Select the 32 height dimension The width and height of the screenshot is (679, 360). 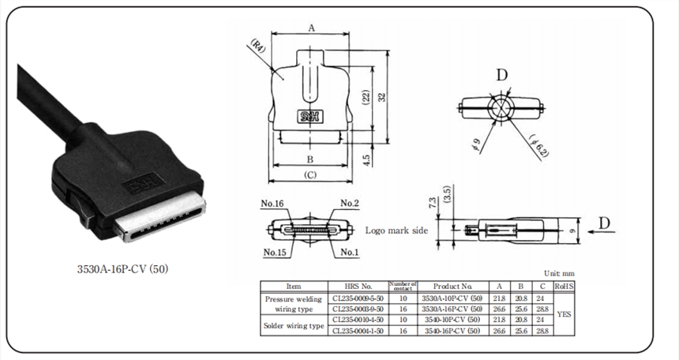tap(382, 96)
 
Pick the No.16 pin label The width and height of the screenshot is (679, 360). tap(272, 204)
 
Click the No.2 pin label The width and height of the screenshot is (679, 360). tap(350, 204)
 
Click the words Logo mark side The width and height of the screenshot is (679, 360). tap(396, 231)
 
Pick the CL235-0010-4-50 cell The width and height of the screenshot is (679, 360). tap(357, 320)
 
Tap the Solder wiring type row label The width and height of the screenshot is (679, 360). tap(294, 324)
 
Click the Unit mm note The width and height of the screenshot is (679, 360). tap(557, 272)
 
